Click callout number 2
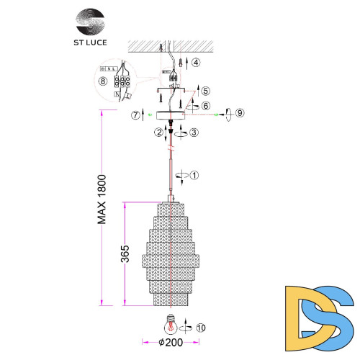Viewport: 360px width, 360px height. click(157, 132)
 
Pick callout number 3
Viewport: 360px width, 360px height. click(194, 133)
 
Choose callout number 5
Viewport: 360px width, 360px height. click(207, 91)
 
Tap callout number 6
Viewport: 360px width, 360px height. click(206, 105)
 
